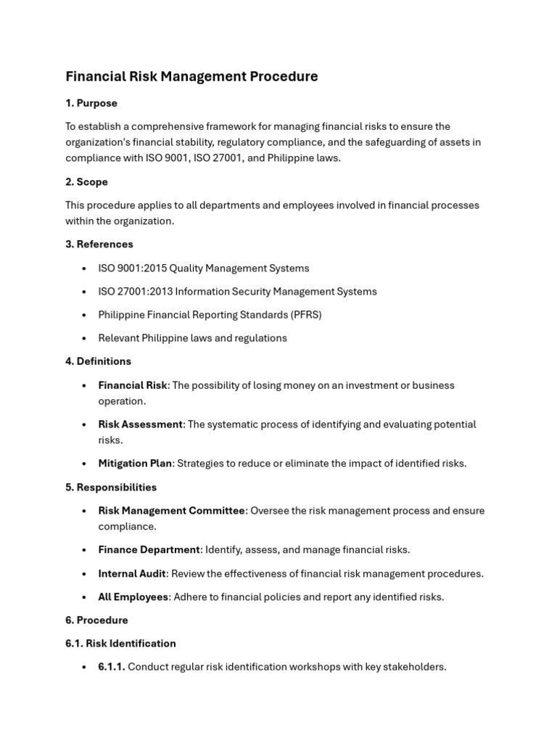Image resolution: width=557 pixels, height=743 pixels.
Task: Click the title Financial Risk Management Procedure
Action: pyautogui.click(x=191, y=76)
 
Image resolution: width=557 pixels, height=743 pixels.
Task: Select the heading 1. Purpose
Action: pyautogui.click(x=91, y=103)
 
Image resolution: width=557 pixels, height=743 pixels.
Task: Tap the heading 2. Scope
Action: pyautogui.click(x=86, y=181)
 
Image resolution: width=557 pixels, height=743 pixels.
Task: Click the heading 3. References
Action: pyautogui.click(x=99, y=244)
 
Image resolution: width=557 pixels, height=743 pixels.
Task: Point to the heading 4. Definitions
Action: pyautogui.click(x=98, y=361)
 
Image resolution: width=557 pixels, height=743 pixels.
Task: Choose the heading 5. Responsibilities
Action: pyautogui.click(x=111, y=487)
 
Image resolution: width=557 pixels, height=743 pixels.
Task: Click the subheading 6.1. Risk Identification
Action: pyautogui.click(x=120, y=643)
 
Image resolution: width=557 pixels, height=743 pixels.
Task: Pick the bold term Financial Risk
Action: pyautogui.click(x=133, y=385)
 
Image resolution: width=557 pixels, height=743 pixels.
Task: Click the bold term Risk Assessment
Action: pyautogui.click(x=140, y=424)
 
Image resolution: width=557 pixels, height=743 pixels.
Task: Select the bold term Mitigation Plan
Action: pyautogui.click(x=135, y=463)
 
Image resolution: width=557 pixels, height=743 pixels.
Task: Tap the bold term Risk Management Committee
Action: pyautogui.click(x=171, y=510)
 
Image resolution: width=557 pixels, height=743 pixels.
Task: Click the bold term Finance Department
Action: pyautogui.click(x=149, y=549)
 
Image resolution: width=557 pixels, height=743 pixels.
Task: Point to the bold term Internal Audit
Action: pyautogui.click(x=132, y=573)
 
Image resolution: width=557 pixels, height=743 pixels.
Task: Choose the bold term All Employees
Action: pyautogui.click(x=133, y=596)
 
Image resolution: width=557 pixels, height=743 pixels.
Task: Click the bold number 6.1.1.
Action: pyautogui.click(x=112, y=666)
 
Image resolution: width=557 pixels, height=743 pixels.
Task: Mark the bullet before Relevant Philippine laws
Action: pyautogui.click(x=85, y=338)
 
